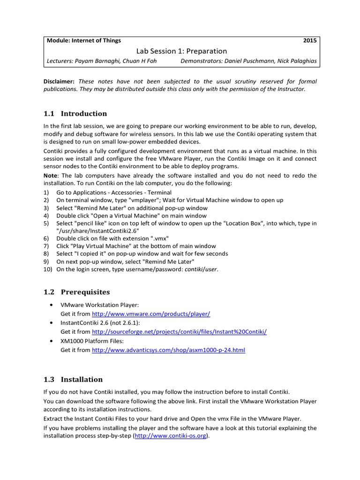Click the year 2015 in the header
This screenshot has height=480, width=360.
coord(310,41)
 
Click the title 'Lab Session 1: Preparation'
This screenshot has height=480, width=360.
coord(181,51)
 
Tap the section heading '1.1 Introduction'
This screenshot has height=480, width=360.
coord(75,113)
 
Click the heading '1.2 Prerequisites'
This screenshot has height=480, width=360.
coord(76,292)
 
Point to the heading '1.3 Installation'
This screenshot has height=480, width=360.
coord(73,379)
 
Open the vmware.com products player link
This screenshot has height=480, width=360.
coord(151,314)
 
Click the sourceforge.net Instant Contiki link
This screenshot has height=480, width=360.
coord(179,331)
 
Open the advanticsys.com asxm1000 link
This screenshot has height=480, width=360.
coord(168,350)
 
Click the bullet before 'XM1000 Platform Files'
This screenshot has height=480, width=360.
coord(51,341)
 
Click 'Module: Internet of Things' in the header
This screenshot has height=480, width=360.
coord(83,41)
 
